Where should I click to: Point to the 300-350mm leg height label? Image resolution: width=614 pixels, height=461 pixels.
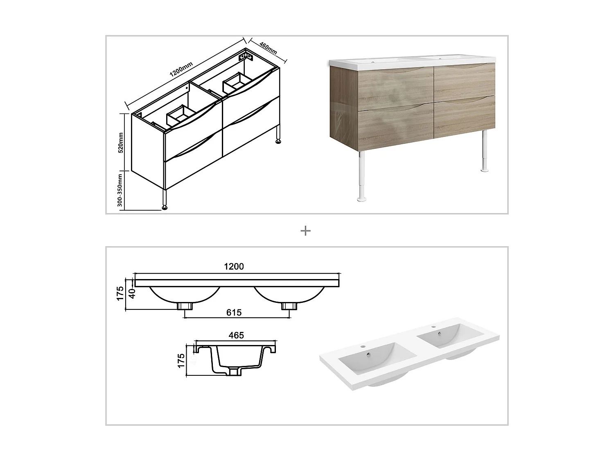120,191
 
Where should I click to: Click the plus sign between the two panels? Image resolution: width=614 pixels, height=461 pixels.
306,231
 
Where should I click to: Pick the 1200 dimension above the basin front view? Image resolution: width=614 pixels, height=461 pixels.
234,267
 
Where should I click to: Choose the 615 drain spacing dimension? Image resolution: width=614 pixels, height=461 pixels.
234,313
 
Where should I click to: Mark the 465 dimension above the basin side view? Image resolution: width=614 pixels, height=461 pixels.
236,336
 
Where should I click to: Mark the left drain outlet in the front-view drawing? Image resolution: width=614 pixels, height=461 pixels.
186,306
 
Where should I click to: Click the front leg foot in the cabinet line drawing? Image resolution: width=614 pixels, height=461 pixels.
165,207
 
